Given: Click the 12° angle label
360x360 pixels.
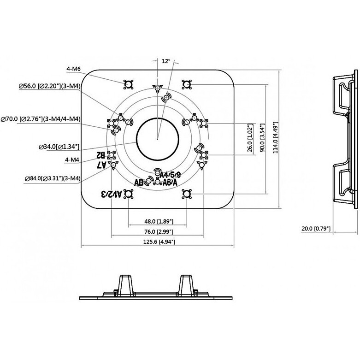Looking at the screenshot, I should click(166, 61).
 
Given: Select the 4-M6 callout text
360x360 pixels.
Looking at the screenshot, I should click(74, 69).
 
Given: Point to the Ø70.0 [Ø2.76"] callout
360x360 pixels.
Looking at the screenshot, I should click(41, 119).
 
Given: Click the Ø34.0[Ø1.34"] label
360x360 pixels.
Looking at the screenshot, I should click(59, 147).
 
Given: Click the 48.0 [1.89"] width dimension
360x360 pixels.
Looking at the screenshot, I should click(157, 221).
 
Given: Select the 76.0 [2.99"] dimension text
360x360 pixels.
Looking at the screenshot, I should click(157, 231).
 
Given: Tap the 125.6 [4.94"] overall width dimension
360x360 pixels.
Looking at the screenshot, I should click(157, 242).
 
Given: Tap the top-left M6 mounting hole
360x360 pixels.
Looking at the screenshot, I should click(128, 84).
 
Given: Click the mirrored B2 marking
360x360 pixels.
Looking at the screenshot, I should click(99, 155).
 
